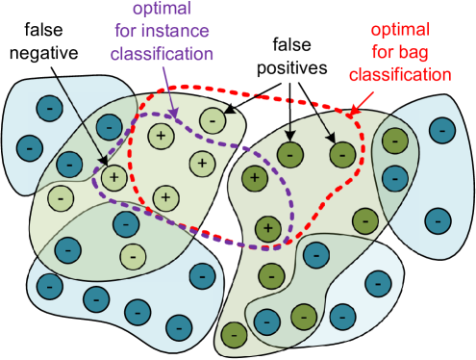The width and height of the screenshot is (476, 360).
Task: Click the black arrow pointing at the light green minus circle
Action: (242, 98)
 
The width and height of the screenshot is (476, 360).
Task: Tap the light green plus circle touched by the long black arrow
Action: (113, 177)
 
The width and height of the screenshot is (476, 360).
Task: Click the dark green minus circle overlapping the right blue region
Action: (393, 141)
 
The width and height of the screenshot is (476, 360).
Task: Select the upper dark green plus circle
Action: (255, 176)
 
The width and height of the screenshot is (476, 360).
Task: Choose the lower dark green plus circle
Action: (269, 228)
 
